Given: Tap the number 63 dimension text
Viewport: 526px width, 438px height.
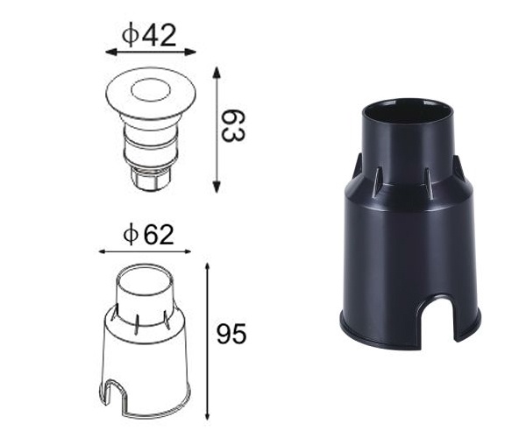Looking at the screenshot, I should [231, 126].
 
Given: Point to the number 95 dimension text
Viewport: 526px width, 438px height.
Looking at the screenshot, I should [231, 334].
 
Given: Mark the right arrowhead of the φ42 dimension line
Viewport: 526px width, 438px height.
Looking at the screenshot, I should [193, 53].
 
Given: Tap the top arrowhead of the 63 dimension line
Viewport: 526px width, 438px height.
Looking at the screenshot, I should [216, 68].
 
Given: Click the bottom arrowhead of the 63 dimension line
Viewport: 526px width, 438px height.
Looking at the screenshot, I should [216, 187].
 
